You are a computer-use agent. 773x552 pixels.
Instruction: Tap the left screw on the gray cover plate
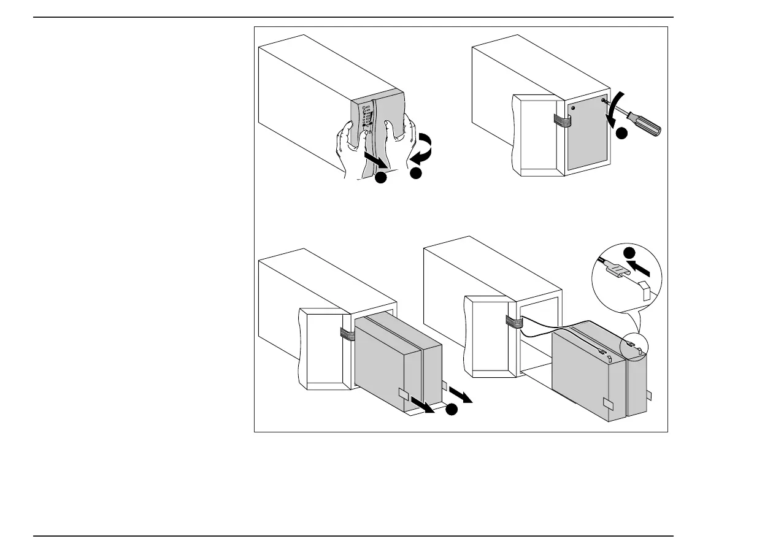pos(573,107)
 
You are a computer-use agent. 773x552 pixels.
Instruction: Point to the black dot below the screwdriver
pos(622,133)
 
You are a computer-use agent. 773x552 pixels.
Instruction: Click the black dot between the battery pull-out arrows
pos(452,410)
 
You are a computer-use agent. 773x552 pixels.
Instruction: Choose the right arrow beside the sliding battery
pos(461,394)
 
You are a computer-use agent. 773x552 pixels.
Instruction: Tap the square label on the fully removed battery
pos(608,403)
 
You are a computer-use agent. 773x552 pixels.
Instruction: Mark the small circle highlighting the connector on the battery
pos(634,347)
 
